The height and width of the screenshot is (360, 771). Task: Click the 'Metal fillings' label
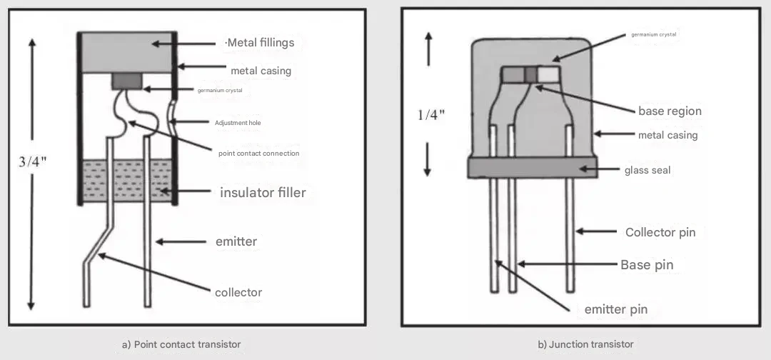pyautogui.click(x=261, y=43)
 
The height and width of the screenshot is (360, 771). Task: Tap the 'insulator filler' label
pyautogui.click(x=263, y=192)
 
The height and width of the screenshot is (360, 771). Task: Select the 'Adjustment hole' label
pyautogui.click(x=238, y=122)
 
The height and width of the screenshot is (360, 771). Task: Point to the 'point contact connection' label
pyautogui.click(x=258, y=153)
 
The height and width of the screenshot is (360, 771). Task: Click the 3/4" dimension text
pyautogui.click(x=32, y=161)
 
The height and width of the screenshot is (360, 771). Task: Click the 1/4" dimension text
pyautogui.click(x=431, y=114)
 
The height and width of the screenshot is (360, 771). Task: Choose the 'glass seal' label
pyautogui.click(x=647, y=170)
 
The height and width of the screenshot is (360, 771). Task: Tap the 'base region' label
pyautogui.click(x=670, y=111)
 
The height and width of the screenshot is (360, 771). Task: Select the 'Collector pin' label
pyautogui.click(x=660, y=232)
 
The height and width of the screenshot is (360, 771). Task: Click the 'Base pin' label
pyautogui.click(x=647, y=264)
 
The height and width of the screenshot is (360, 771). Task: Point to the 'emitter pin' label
pyautogui.click(x=615, y=309)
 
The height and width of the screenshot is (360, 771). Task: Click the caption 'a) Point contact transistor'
pyautogui.click(x=181, y=344)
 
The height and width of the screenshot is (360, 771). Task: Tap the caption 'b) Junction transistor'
pyautogui.click(x=585, y=344)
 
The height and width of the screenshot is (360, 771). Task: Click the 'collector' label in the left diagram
pyautogui.click(x=238, y=292)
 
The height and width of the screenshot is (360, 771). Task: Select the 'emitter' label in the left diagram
pyautogui.click(x=236, y=241)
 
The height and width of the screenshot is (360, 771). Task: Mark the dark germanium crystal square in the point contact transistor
pyautogui.click(x=127, y=81)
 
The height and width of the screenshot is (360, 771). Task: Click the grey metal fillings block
pyautogui.click(x=127, y=53)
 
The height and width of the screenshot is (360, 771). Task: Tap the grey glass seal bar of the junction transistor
pyautogui.click(x=532, y=168)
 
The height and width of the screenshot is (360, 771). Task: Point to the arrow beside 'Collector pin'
pyautogui.click(x=596, y=231)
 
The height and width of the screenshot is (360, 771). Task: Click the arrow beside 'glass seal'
pyautogui.click(x=599, y=169)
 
